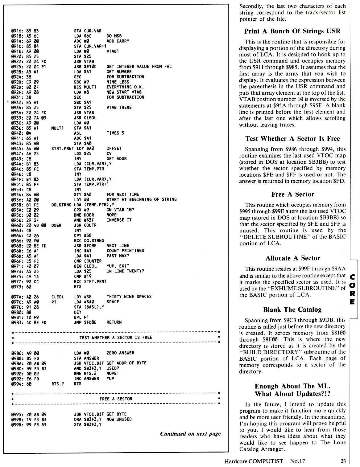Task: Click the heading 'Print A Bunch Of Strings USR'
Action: (292, 31)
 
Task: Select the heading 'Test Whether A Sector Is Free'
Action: (292, 139)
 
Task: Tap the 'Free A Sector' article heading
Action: (292, 194)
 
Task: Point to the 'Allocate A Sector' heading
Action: (292, 258)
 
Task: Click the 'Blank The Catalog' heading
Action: (292, 309)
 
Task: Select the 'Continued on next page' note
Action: (190, 434)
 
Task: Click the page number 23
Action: (343, 461)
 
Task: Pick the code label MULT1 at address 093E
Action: (57, 128)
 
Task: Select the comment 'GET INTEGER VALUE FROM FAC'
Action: (139, 67)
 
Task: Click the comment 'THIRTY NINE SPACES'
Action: (129, 297)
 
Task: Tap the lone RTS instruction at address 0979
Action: (78, 287)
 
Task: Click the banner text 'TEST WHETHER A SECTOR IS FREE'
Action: (116, 338)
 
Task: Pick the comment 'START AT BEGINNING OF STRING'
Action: (141, 199)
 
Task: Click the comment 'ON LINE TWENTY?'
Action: (125, 271)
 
